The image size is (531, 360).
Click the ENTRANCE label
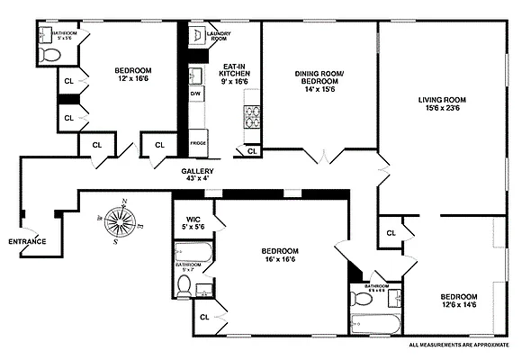tap(27, 241)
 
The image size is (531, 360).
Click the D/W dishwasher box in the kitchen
tap(195, 94)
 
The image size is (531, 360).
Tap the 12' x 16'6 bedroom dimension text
tap(132, 79)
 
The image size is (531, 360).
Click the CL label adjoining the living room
tap(391, 233)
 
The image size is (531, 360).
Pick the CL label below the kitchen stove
tap(252, 150)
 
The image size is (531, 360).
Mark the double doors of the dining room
tap(321, 157)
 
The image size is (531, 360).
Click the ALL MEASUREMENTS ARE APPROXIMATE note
tap(459, 345)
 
